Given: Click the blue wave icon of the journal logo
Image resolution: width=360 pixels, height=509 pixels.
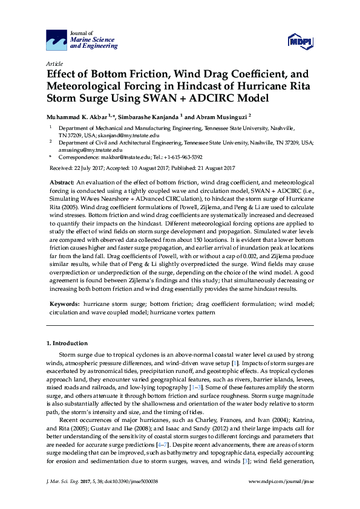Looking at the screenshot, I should [56, 41].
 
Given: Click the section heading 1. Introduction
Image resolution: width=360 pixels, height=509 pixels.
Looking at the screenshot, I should [67, 343].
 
